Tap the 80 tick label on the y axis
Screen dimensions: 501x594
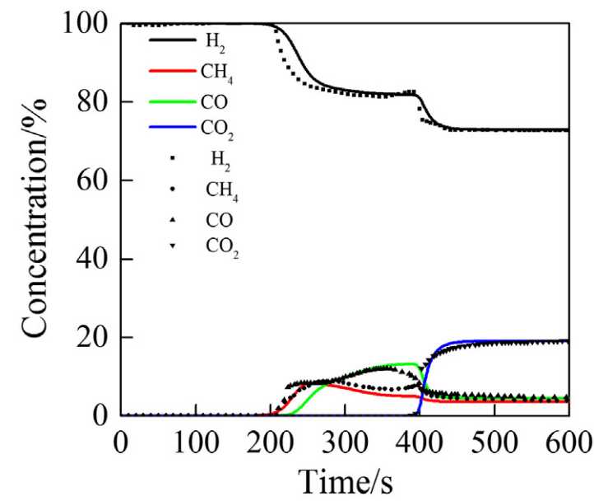coord(92,103)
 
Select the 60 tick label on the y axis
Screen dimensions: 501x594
coord(92,181)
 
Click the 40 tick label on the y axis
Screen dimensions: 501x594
coord(92,260)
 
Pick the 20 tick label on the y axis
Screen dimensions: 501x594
coord(92,338)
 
